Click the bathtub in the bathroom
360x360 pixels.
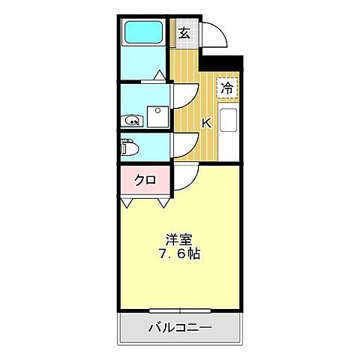(143, 32)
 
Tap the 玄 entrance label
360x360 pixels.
(184, 32)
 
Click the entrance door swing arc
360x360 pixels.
(212, 35)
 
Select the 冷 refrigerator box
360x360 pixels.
(226, 87)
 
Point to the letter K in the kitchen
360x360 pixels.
(206, 123)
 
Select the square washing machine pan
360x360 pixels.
(157, 116)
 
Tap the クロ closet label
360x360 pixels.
(144, 180)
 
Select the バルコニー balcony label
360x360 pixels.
(179, 328)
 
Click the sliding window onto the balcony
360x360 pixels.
(180, 310)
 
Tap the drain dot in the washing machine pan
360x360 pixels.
(157, 112)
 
